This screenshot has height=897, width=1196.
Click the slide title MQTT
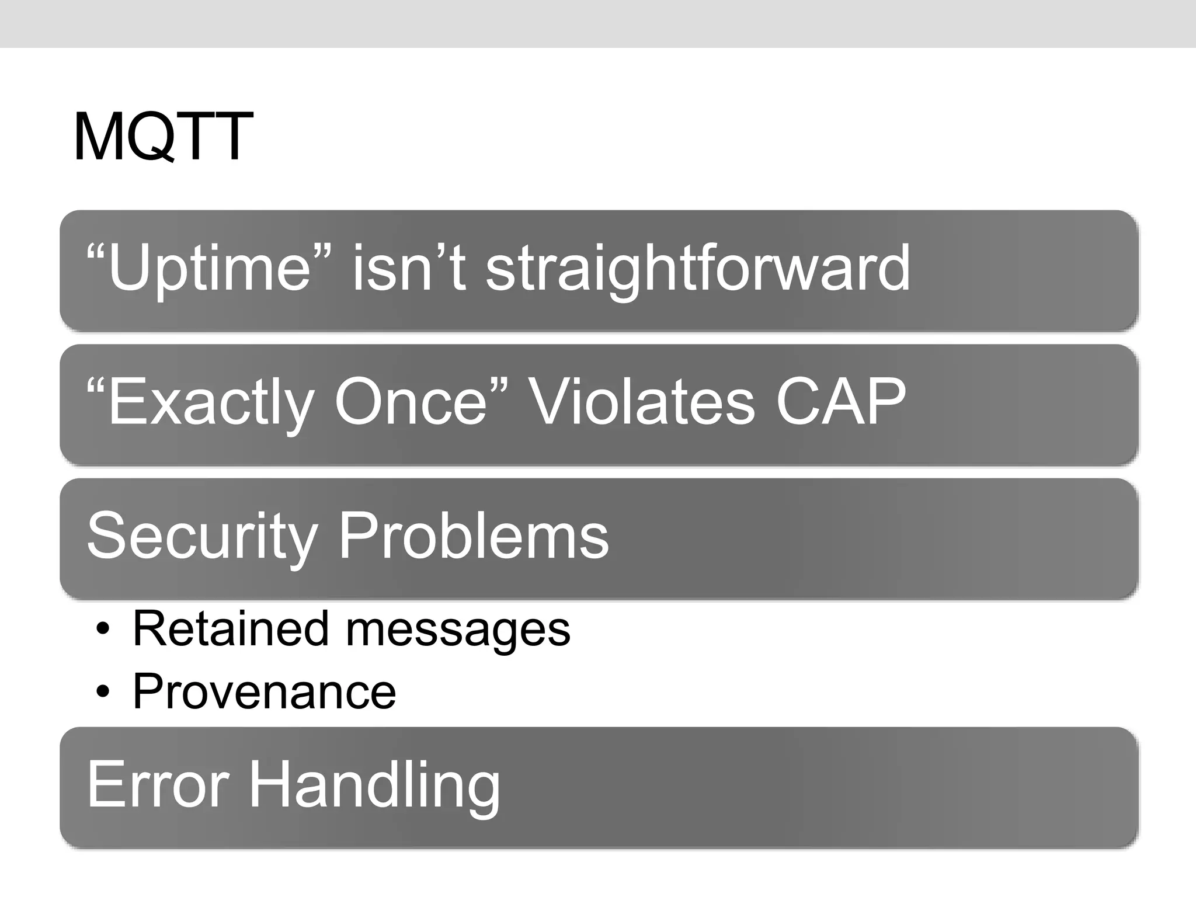tap(163, 137)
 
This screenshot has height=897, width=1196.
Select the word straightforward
tap(698, 269)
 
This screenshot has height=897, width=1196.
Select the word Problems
tap(474, 536)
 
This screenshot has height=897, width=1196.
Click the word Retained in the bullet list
tap(231, 629)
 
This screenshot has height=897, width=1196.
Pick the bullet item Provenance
tap(264, 691)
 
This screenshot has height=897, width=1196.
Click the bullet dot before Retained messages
tap(103, 630)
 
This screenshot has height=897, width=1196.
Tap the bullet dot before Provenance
tap(103, 693)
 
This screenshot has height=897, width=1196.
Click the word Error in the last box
tap(158, 785)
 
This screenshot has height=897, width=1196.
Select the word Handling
tap(374, 786)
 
